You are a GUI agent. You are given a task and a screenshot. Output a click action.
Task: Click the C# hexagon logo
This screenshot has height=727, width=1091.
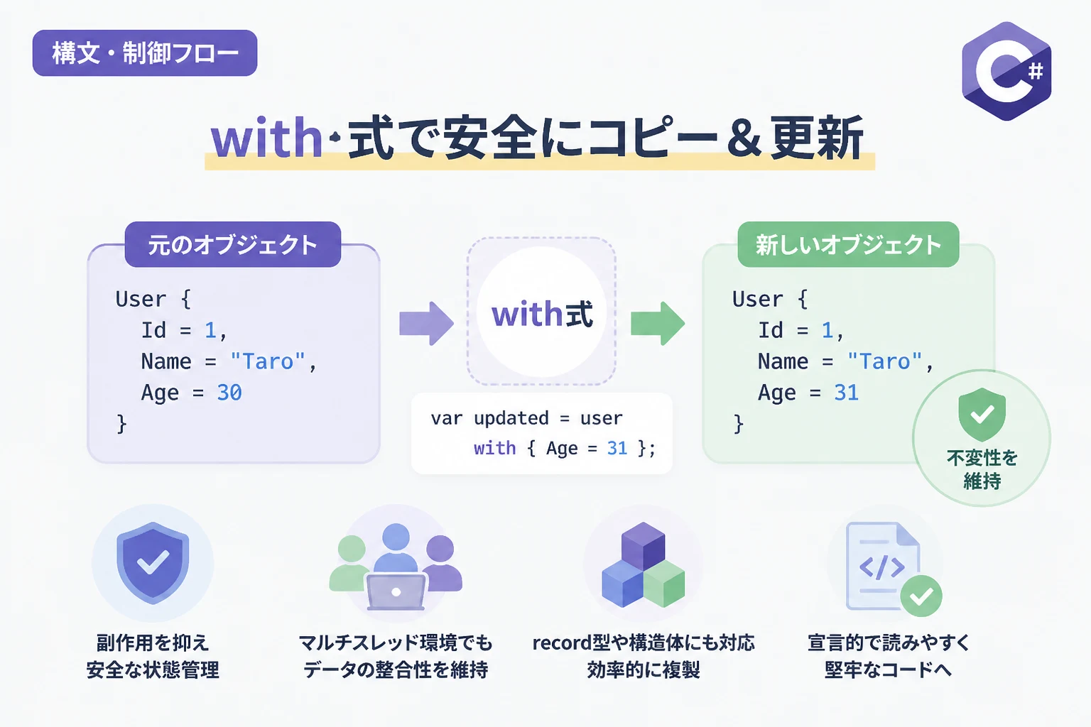point(1006,71)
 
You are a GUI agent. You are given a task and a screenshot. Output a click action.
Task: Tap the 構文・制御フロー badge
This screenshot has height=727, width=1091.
point(145,53)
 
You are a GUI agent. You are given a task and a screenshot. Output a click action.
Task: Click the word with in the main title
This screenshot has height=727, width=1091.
point(266,137)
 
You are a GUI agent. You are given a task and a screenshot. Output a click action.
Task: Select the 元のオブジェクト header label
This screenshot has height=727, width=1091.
point(233,244)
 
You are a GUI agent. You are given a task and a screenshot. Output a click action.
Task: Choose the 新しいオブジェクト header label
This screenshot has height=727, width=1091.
point(848,244)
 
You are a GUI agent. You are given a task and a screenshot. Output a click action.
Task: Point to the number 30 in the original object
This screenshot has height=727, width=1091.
point(229,393)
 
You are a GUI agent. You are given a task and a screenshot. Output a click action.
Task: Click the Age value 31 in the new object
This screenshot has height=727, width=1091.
point(847,393)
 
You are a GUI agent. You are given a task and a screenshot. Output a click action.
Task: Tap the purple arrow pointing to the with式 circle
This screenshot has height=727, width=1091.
point(426,323)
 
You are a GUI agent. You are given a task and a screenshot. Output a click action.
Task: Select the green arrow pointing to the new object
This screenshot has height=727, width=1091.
point(658,323)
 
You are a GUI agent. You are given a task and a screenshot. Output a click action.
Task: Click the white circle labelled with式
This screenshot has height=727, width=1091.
point(541,312)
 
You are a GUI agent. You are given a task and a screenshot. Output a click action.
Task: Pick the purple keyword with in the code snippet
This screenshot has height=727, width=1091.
point(494,448)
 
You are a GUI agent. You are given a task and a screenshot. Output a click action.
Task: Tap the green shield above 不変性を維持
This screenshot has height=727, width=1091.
point(982,415)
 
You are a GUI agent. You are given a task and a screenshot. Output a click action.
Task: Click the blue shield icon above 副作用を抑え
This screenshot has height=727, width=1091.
point(153,562)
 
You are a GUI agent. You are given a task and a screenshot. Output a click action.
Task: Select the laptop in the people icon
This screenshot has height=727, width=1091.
point(396,592)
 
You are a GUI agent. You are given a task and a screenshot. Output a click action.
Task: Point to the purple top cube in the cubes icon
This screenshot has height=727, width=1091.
point(643,545)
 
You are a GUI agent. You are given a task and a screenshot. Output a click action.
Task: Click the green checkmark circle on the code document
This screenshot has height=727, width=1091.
point(921,596)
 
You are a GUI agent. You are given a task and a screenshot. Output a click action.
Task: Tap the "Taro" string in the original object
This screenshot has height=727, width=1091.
point(268,361)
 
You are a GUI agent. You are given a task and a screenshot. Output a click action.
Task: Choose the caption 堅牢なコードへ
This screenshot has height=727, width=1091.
point(888,670)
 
